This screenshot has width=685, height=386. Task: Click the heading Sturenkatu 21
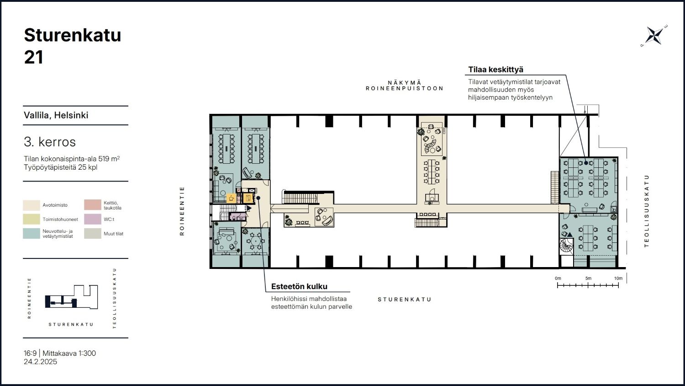73,46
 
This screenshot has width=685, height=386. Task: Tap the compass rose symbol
654,36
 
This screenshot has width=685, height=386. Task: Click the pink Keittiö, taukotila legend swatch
93,205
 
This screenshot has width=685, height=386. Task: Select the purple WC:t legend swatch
93,219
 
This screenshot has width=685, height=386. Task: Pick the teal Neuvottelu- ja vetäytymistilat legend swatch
32,233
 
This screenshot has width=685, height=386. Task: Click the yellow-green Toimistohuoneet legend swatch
32,219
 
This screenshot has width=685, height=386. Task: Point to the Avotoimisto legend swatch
32,205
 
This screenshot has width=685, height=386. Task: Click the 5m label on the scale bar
588,279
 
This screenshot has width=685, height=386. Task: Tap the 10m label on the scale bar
618,279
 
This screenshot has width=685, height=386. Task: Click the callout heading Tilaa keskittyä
495,70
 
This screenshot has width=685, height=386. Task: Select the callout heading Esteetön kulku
299,286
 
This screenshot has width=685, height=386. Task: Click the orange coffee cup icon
231,198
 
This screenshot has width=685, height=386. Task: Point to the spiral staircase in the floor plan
566,246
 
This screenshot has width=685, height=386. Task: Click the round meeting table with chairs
256,241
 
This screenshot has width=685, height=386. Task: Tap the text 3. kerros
49,142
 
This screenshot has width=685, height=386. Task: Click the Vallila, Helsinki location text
56,115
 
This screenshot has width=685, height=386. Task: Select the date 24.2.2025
40,362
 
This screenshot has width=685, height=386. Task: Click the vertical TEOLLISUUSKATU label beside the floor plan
646,211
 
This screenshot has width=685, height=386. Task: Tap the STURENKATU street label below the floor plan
404,300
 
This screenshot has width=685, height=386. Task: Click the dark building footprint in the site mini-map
61,301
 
